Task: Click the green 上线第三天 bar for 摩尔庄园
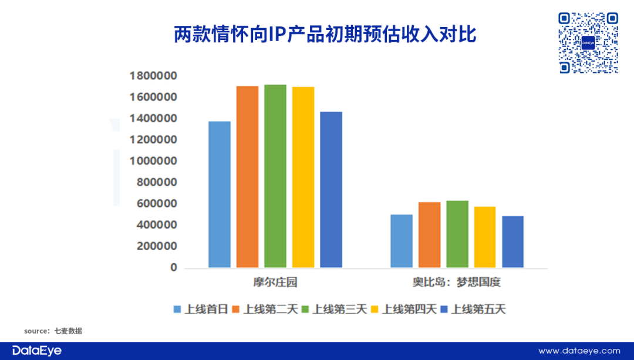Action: tap(275, 176)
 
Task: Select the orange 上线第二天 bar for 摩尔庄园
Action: tap(247, 177)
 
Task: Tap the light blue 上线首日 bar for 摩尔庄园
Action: tap(220, 194)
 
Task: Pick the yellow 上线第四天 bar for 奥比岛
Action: tap(485, 237)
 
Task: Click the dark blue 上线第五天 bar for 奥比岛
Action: tap(512, 242)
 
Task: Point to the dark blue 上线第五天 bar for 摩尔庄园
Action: tap(331, 190)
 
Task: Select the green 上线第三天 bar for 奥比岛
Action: tap(457, 234)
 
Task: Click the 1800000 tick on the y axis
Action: tap(153, 76)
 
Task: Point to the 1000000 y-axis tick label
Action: tap(153, 161)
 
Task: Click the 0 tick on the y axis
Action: tap(173, 268)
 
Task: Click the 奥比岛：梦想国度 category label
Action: tap(456, 282)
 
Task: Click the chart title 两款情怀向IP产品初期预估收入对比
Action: tap(325, 34)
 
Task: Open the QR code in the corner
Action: tap(588, 43)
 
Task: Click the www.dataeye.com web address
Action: tap(579, 351)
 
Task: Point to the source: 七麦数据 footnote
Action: tap(53, 331)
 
